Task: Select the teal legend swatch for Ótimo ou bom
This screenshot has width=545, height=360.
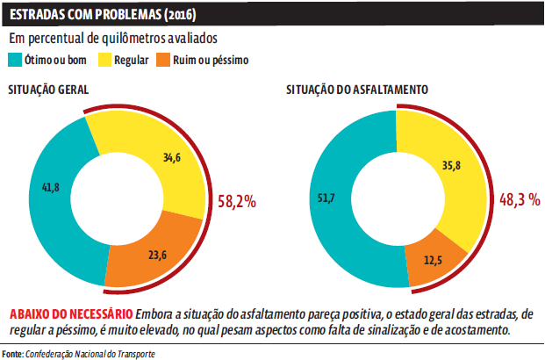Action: click(x=16, y=61)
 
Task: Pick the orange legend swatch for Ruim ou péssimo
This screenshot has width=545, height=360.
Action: click(x=163, y=61)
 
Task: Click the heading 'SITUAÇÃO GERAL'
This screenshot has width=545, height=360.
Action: click(x=48, y=91)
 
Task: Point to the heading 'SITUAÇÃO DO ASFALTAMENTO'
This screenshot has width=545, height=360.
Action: click(x=357, y=90)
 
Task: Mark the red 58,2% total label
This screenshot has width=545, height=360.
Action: click(x=236, y=201)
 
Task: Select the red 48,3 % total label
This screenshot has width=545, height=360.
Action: click(x=519, y=200)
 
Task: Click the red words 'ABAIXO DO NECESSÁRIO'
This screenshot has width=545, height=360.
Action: click(x=69, y=313)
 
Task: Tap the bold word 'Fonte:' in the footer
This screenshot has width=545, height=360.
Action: click(x=12, y=353)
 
